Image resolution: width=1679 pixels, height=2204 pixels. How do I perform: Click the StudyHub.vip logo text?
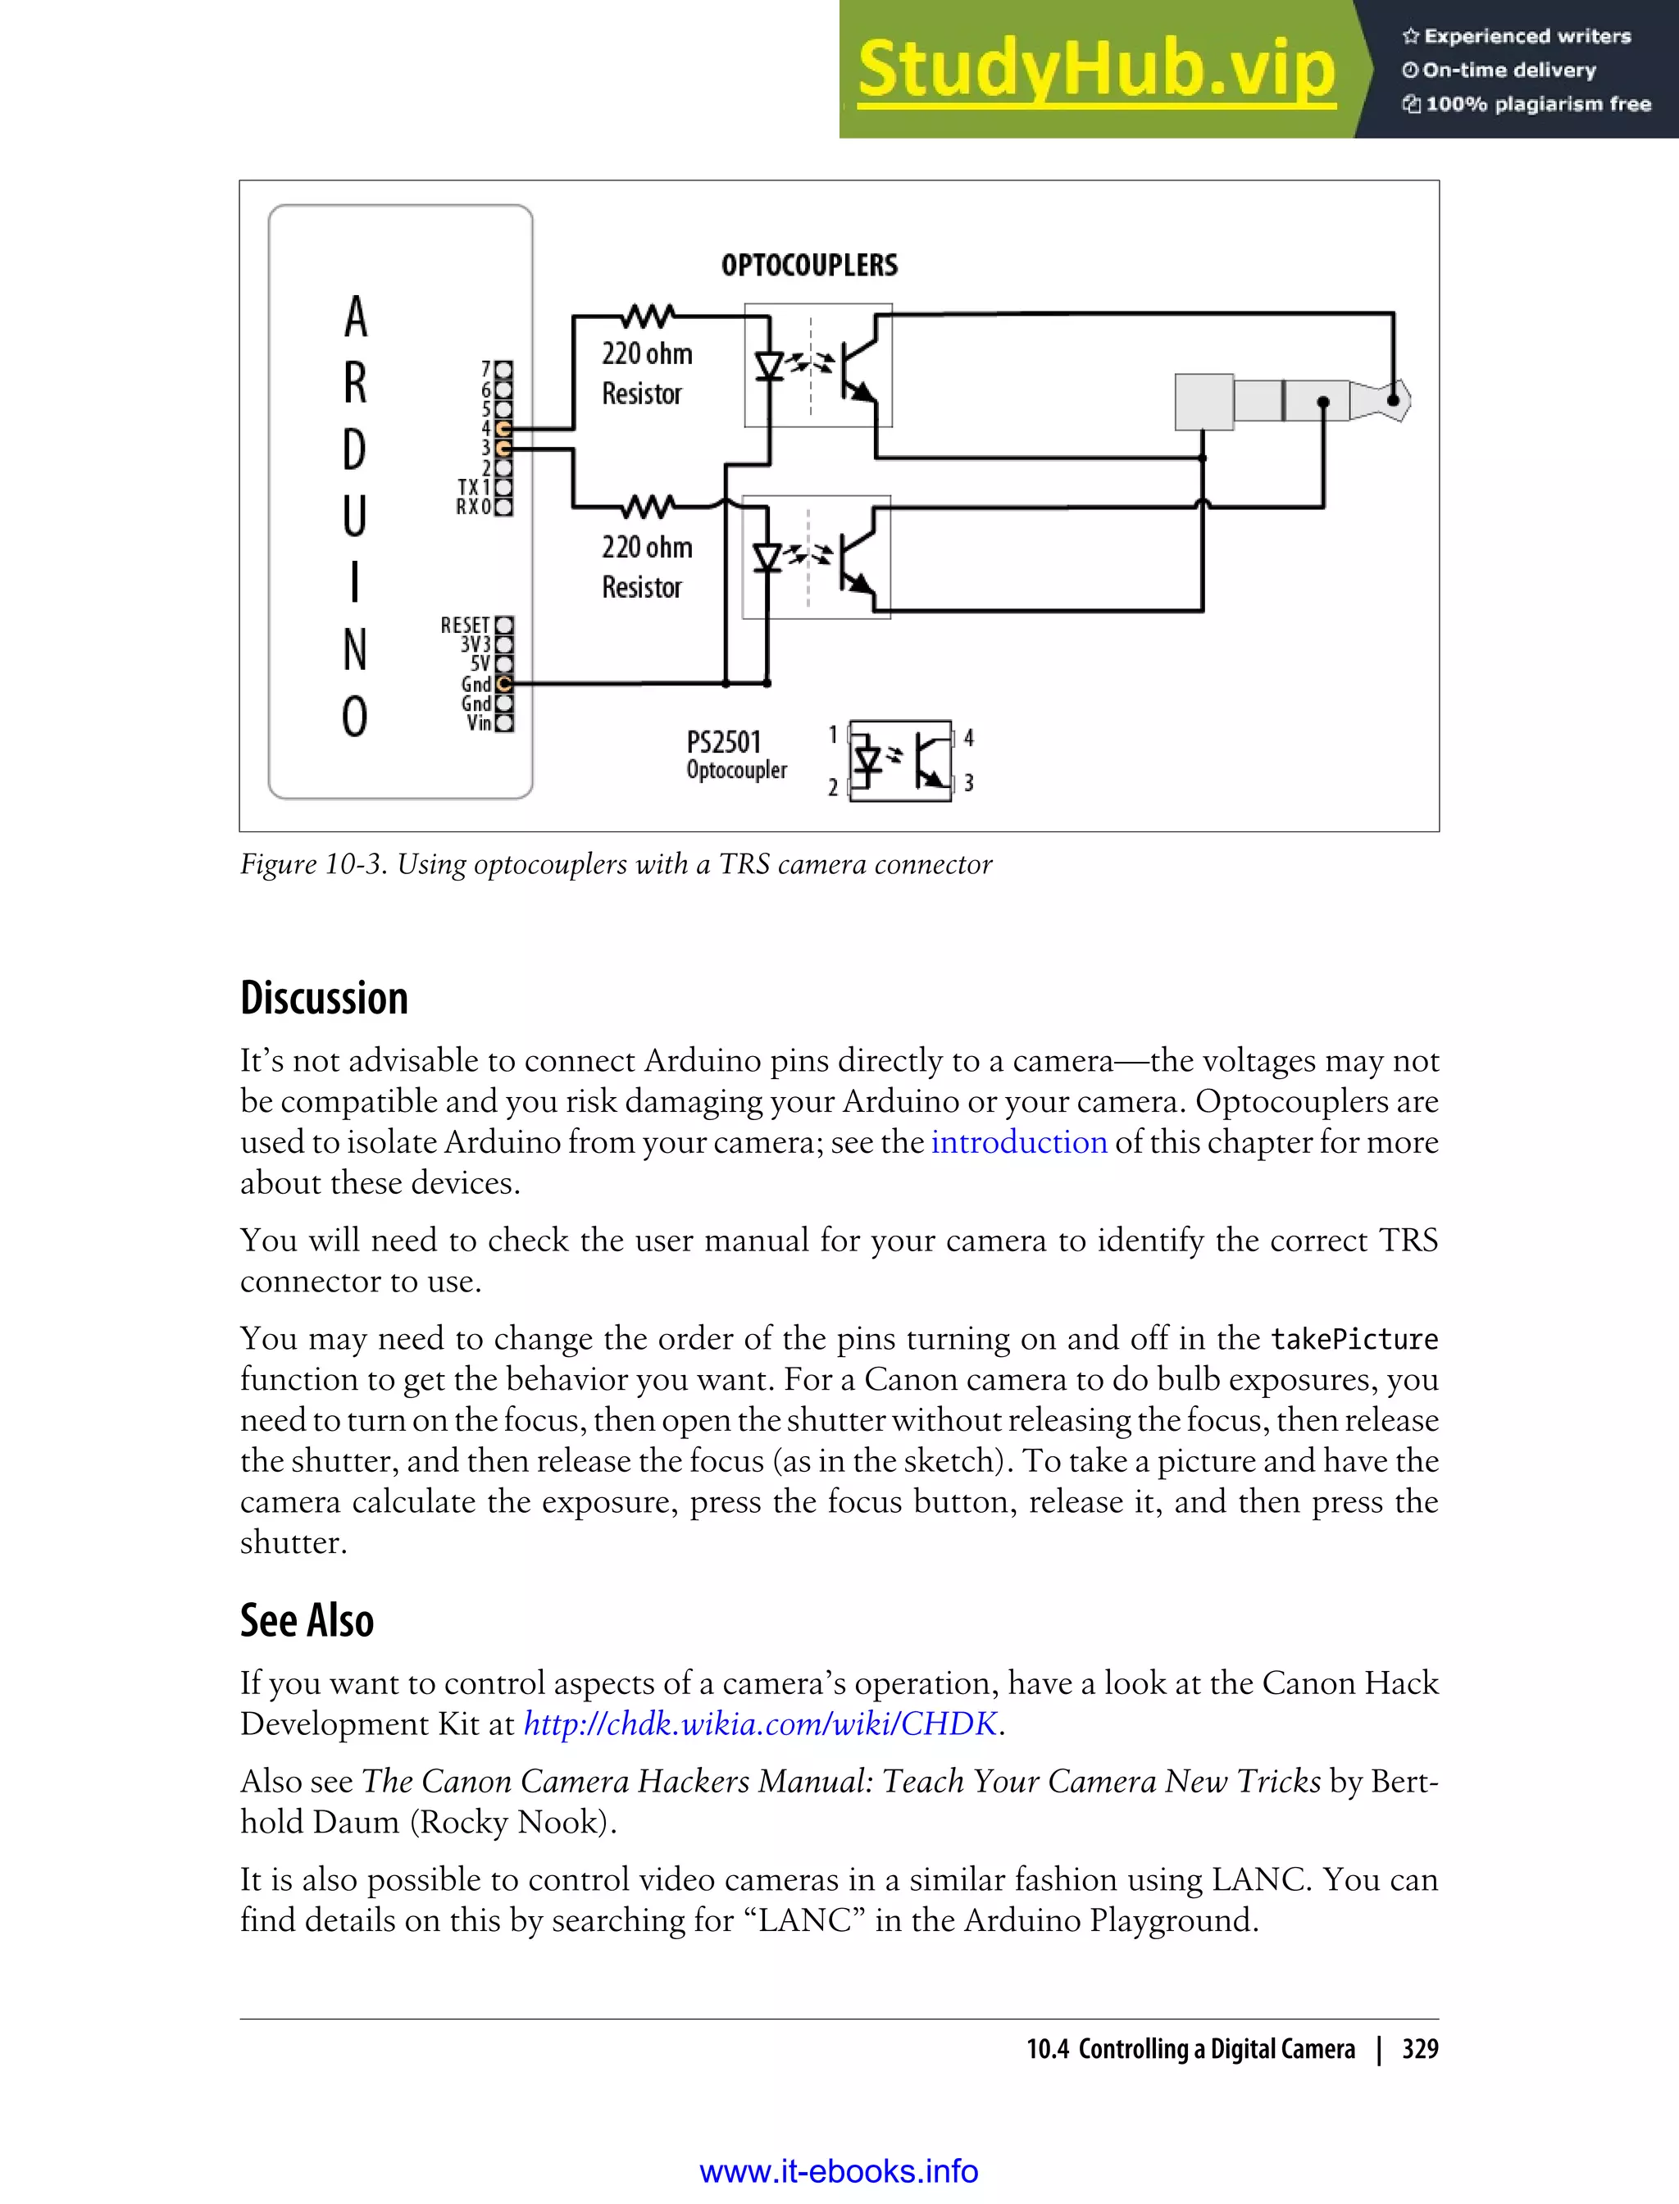point(1095,70)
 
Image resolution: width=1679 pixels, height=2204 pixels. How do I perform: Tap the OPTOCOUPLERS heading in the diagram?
point(808,265)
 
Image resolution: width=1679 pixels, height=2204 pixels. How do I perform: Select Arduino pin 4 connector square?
point(503,429)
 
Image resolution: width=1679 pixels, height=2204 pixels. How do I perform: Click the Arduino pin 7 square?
point(503,370)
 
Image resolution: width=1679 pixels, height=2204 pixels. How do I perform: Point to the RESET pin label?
point(465,625)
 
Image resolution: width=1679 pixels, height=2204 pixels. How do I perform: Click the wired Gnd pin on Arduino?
point(503,684)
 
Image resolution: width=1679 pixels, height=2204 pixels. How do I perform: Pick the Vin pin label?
point(479,722)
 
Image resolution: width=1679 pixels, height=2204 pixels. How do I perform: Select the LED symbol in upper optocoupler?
point(768,367)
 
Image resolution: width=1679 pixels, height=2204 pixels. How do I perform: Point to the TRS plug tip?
point(1395,400)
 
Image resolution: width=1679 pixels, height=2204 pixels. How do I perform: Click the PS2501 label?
point(724,743)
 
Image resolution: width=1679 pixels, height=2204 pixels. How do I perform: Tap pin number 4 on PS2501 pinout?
point(967,739)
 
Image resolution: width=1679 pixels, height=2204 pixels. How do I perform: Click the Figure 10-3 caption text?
point(616,864)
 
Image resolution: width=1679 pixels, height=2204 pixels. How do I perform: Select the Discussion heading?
point(324,999)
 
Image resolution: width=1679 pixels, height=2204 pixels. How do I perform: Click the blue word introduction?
point(1018,1142)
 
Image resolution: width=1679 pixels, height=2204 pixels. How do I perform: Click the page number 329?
point(1419,2049)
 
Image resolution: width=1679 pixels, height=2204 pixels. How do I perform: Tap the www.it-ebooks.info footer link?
point(839,2171)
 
